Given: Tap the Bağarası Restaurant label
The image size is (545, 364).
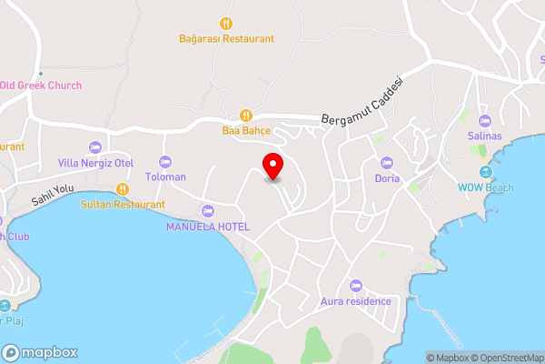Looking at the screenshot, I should (226, 39).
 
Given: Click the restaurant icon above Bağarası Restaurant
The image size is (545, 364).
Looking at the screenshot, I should (226, 23).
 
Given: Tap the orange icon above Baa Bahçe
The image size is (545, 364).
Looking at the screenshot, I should (245, 115).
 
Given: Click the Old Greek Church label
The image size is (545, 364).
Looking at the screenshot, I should (40, 86).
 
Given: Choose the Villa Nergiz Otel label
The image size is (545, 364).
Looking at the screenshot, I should (95, 163).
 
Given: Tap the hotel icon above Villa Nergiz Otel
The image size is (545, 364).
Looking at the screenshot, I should (95, 147).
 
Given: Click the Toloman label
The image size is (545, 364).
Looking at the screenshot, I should (166, 177).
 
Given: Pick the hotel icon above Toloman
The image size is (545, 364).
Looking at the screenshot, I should (166, 161).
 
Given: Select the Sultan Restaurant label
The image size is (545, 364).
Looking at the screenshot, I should (123, 205).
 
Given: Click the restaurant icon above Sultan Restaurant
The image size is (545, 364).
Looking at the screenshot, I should (123, 189).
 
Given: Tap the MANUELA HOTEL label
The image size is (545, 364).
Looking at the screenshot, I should (208, 227).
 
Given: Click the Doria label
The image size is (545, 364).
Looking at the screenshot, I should (388, 178).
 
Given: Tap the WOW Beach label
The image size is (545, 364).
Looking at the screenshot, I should (484, 187).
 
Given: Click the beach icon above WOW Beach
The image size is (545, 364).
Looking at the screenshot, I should (484, 172).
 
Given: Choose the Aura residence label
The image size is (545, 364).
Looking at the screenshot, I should (356, 301).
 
